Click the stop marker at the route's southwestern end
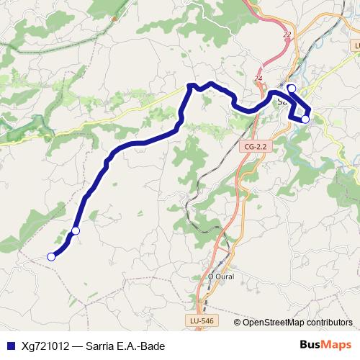pos(51,256)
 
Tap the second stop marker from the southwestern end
pos(75,230)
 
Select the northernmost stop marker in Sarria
pos(291,88)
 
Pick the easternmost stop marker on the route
pos(305,119)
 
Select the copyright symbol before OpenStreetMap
pos(238,322)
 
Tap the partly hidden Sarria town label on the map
pos(282,102)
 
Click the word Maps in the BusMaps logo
pos(333,344)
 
